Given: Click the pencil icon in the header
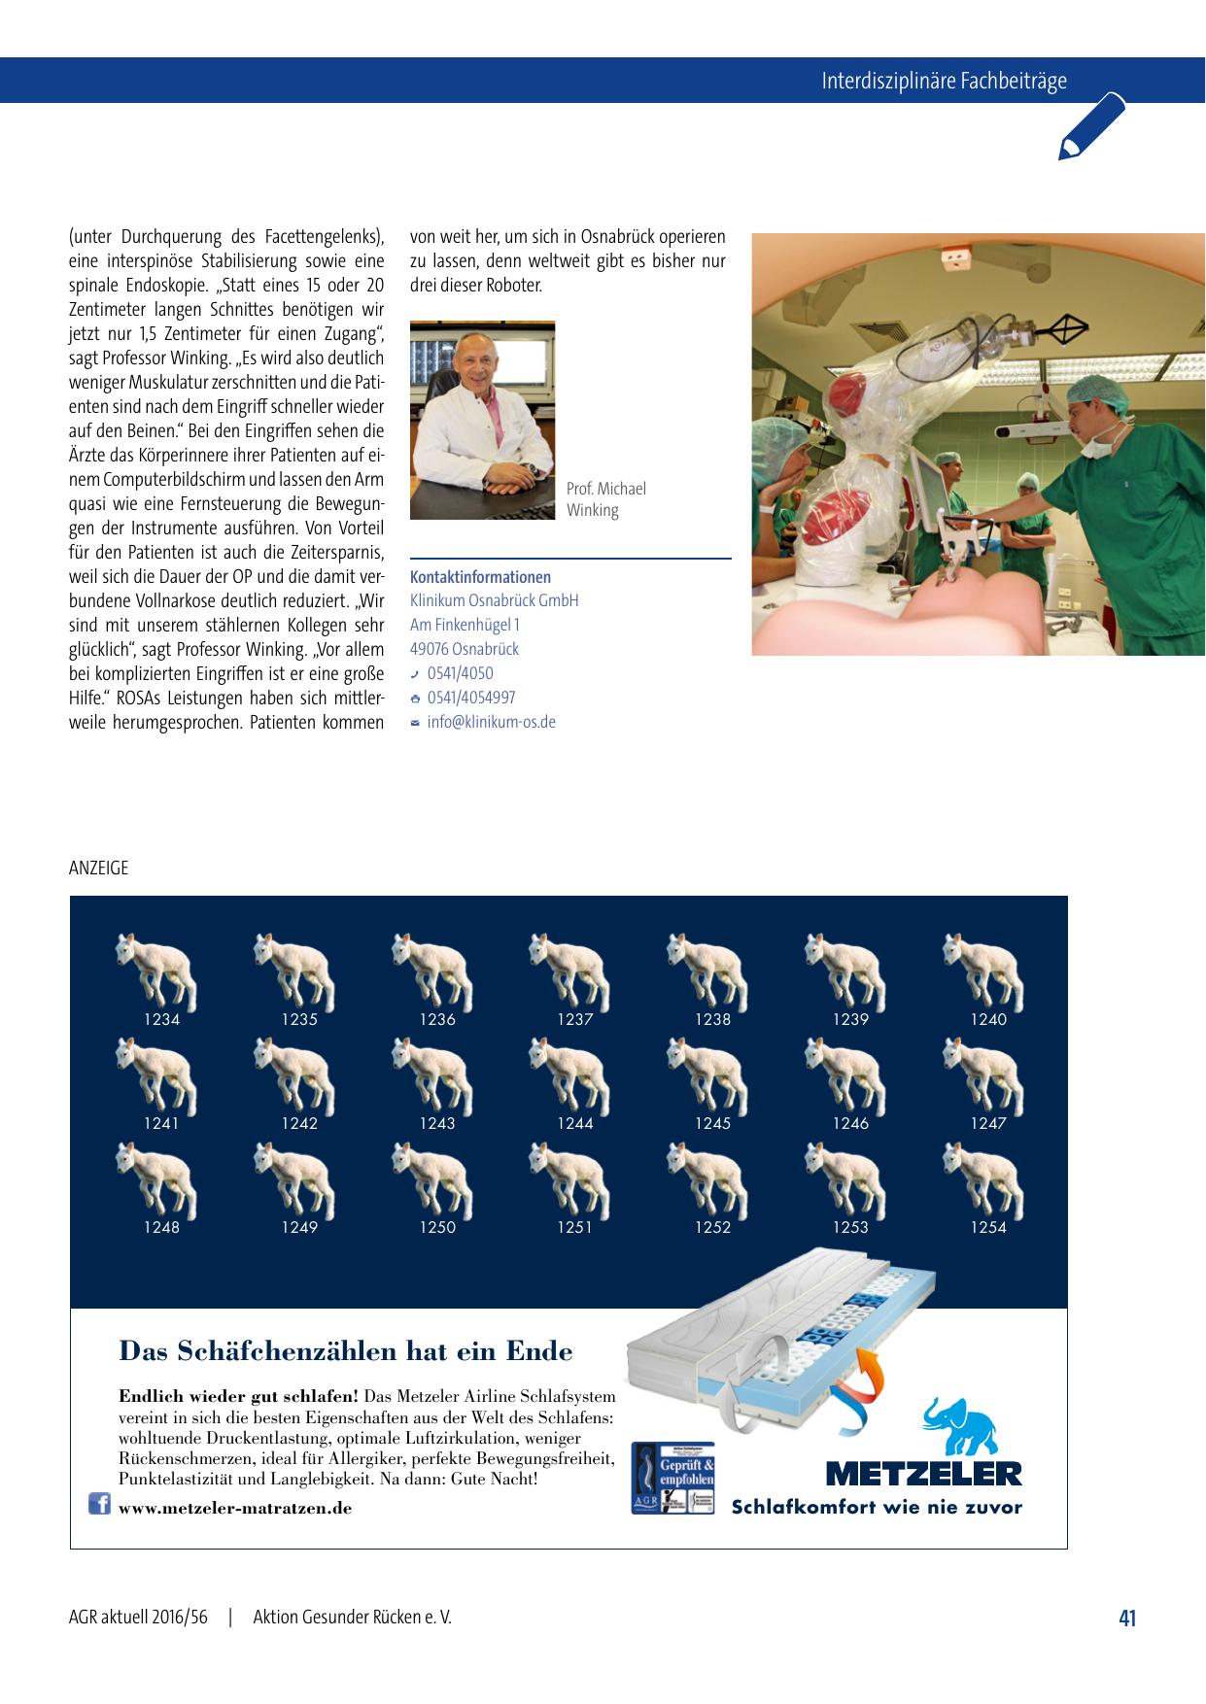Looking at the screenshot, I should tap(1091, 126).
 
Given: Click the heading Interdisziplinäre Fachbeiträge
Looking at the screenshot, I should tap(944, 81).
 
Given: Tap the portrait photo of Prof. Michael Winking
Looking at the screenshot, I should tap(482, 420).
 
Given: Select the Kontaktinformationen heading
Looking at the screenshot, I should tap(480, 577).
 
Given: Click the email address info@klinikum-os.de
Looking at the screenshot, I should tap(491, 722).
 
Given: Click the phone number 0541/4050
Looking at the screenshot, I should tap(460, 673).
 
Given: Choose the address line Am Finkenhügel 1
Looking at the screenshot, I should tap(465, 625).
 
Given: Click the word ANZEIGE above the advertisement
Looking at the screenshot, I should tap(98, 868).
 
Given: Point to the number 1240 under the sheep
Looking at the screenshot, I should tap(988, 1019).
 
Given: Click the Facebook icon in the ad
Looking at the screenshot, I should tap(99, 1504).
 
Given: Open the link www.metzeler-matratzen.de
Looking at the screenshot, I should tap(235, 1508).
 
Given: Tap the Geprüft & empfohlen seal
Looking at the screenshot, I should tap(672, 1478).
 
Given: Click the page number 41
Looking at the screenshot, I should tap(1127, 1618).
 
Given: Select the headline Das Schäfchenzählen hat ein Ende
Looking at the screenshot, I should tap(345, 1351).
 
